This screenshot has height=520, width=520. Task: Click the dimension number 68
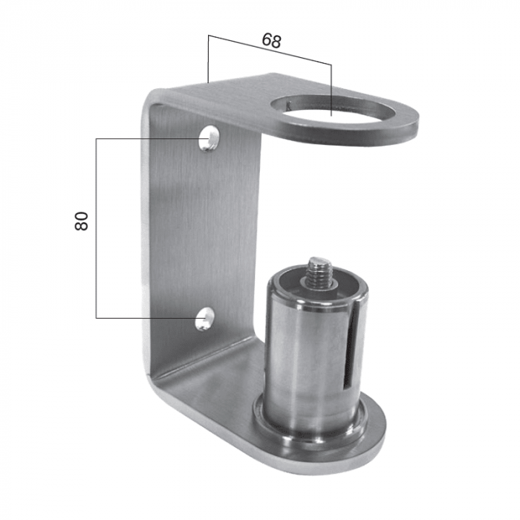pyautogui.click(x=271, y=41)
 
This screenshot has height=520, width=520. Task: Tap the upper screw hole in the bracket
pyautogui.click(x=212, y=138)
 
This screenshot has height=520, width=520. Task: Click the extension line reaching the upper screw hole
pyautogui.click(x=149, y=137)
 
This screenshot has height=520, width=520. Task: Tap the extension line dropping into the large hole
pyautogui.click(x=331, y=89)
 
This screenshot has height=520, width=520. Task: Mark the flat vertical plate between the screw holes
pyautogui.click(x=204, y=230)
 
